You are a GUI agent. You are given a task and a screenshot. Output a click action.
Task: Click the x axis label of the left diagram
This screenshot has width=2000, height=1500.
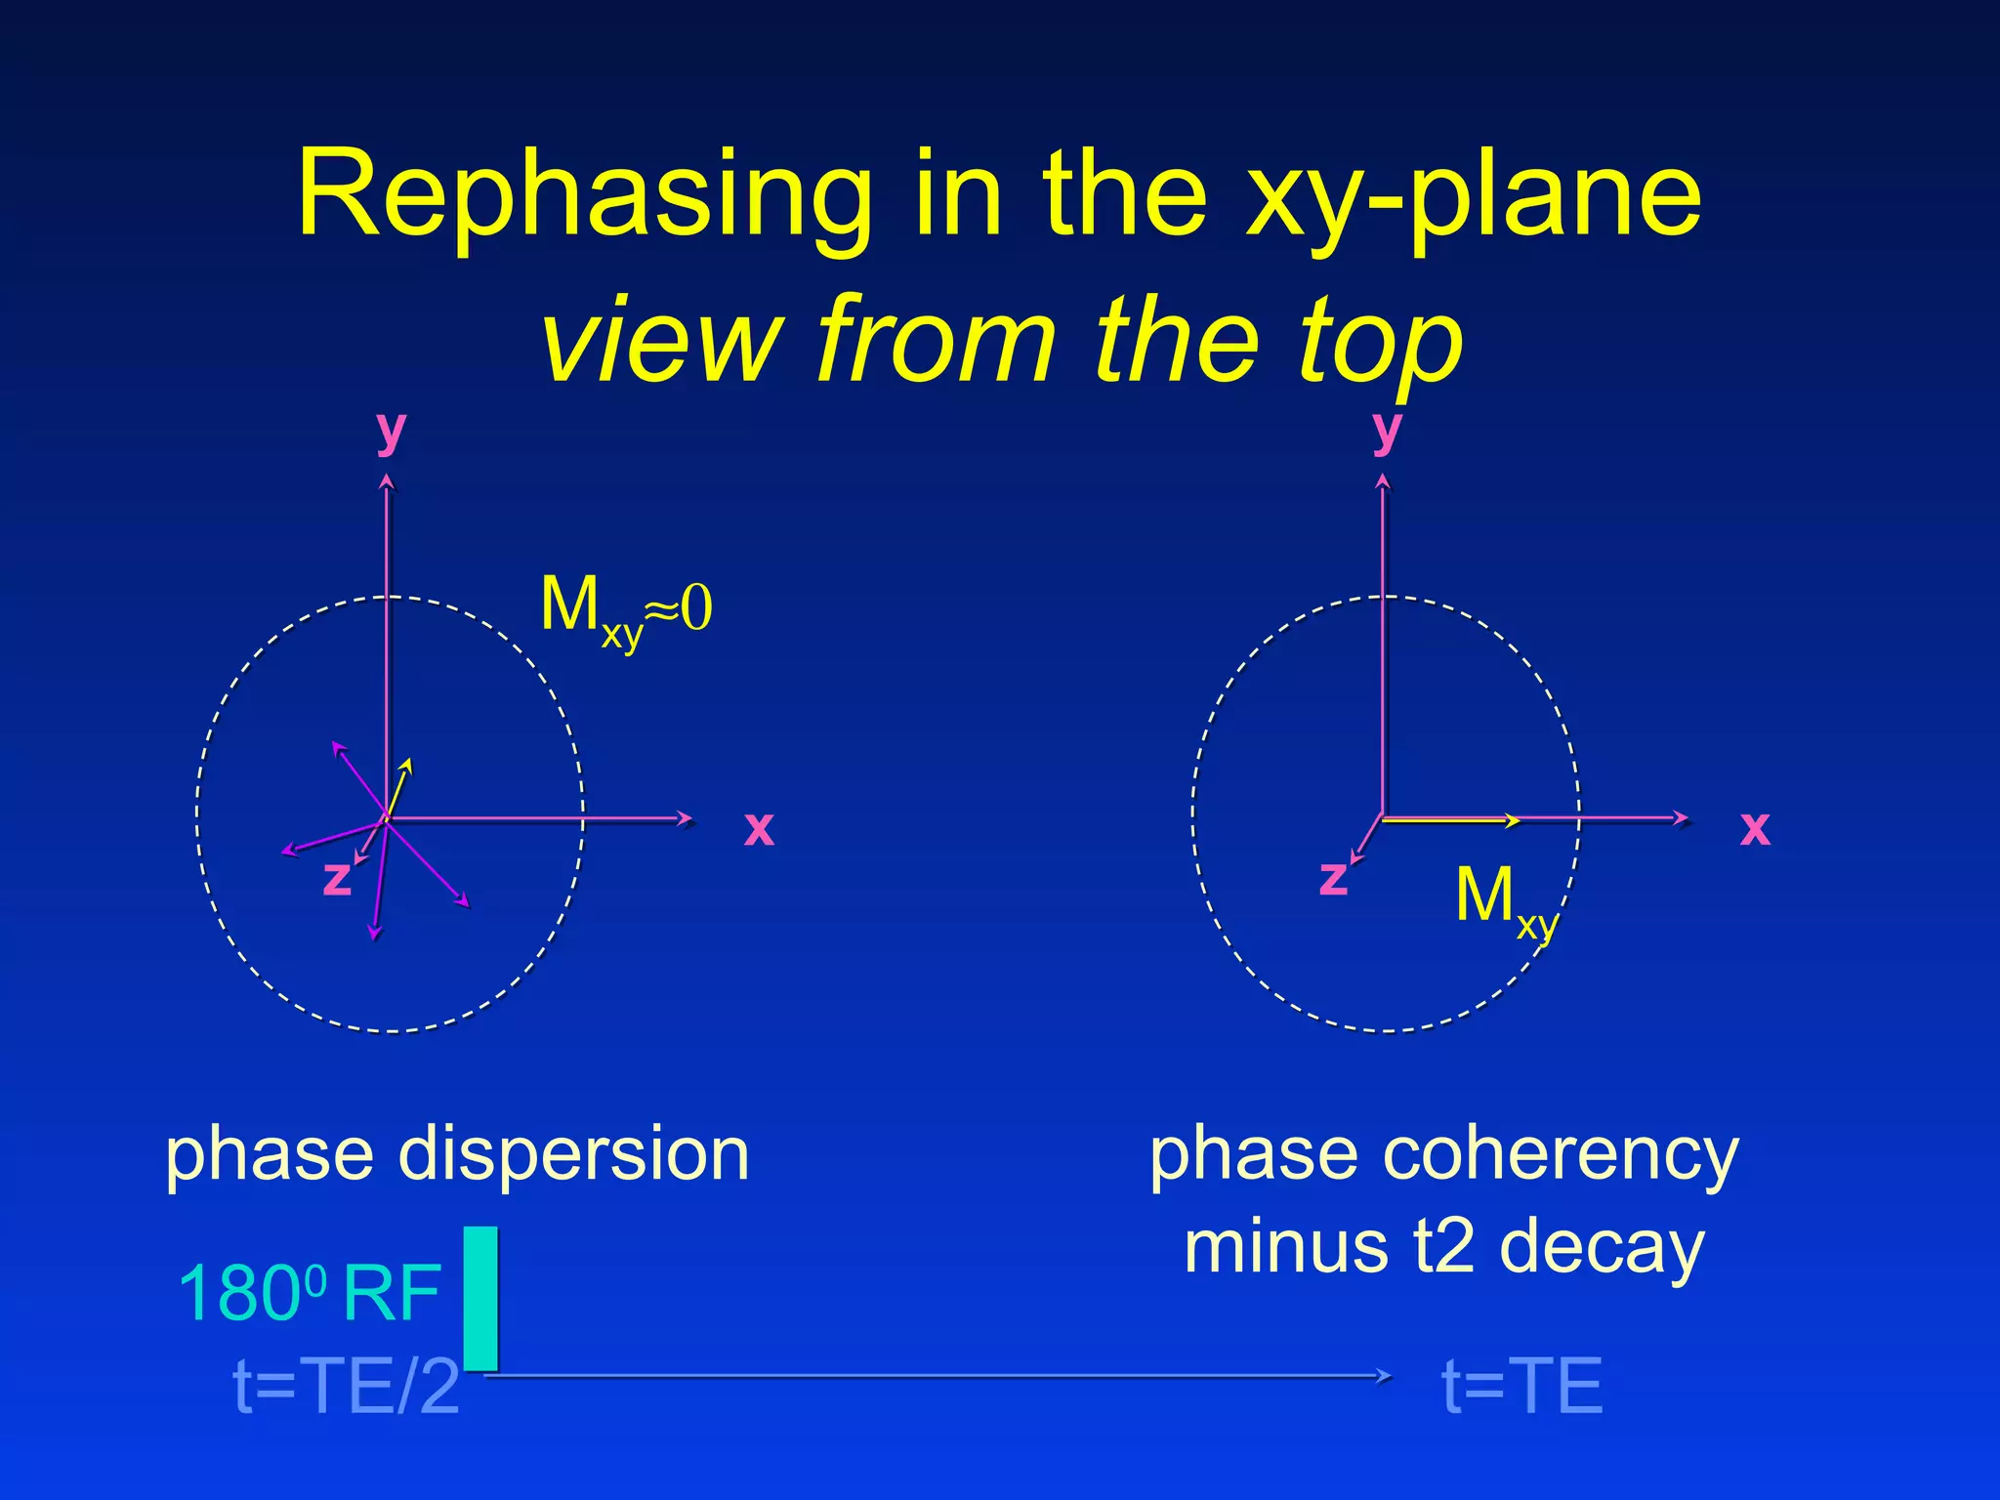click(x=759, y=829)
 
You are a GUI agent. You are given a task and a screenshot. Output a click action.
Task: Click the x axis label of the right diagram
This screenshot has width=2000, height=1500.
click(x=1755, y=829)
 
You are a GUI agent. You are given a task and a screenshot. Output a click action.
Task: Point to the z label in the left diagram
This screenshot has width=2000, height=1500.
click(x=337, y=877)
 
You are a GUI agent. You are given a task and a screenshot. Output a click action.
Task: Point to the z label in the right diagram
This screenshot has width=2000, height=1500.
click(x=1333, y=877)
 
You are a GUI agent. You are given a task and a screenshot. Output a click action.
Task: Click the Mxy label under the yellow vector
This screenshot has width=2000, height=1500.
click(x=1504, y=900)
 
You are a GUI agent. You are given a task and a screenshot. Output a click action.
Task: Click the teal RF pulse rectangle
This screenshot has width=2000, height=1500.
click(x=480, y=1298)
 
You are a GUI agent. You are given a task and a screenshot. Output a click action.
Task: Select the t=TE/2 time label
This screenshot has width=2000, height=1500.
click(x=347, y=1387)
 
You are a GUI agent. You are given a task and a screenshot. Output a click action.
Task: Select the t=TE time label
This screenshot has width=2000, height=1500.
click(x=1521, y=1387)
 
